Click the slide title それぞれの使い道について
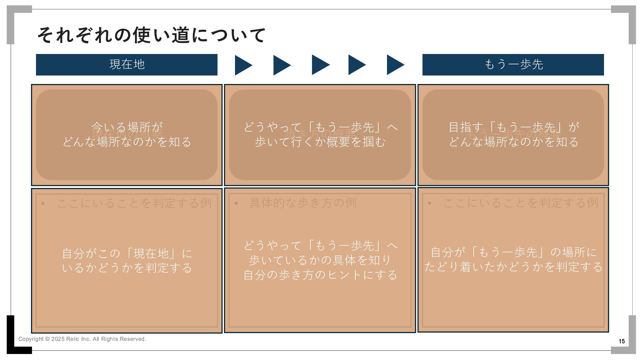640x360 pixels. [151, 35]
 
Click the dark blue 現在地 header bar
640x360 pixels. [127, 65]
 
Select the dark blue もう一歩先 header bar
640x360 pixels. [513, 65]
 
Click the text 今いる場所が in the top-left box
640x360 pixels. [127, 127]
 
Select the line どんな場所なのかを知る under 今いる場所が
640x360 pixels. [127, 142]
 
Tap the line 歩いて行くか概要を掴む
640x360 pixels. [320, 142]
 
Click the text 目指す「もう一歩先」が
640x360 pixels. [513, 127]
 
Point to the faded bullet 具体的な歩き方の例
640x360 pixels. [303, 203]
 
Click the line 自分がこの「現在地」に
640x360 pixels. [127, 253]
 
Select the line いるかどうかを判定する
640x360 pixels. [127, 268]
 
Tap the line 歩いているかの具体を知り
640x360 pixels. [320, 260]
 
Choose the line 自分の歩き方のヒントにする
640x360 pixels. [320, 275]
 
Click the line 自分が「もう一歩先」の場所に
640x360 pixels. [513, 252]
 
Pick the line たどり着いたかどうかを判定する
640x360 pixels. [513, 267]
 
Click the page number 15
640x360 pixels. [622, 341]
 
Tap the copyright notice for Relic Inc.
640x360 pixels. [82, 339]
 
